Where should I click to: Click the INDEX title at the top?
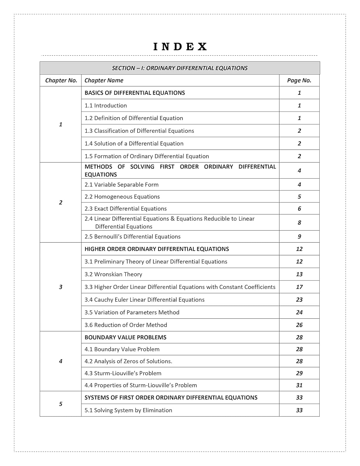[x=180, y=47]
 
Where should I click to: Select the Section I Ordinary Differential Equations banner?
[x=180, y=68]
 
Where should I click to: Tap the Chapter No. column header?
[x=61, y=80]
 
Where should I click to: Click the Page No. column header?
[x=299, y=80]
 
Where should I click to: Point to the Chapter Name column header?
[x=104, y=80]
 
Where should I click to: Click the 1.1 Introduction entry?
[x=106, y=106]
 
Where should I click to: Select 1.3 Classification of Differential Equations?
[x=139, y=131]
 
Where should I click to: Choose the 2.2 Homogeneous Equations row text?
[x=122, y=197]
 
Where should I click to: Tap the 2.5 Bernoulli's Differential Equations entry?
[x=132, y=237]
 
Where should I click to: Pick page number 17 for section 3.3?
[x=299, y=287]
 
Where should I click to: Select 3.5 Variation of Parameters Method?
[x=132, y=313]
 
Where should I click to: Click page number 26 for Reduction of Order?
[x=299, y=325]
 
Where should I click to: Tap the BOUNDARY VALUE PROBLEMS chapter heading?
[x=125, y=337]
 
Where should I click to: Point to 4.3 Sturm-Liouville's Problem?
[x=123, y=373]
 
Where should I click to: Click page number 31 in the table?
[x=299, y=385]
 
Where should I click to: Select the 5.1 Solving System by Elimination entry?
[x=128, y=410]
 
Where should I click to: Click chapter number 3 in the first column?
[x=61, y=287]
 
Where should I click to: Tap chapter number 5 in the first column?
[x=61, y=404]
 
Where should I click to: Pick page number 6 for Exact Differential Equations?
[x=299, y=209]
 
